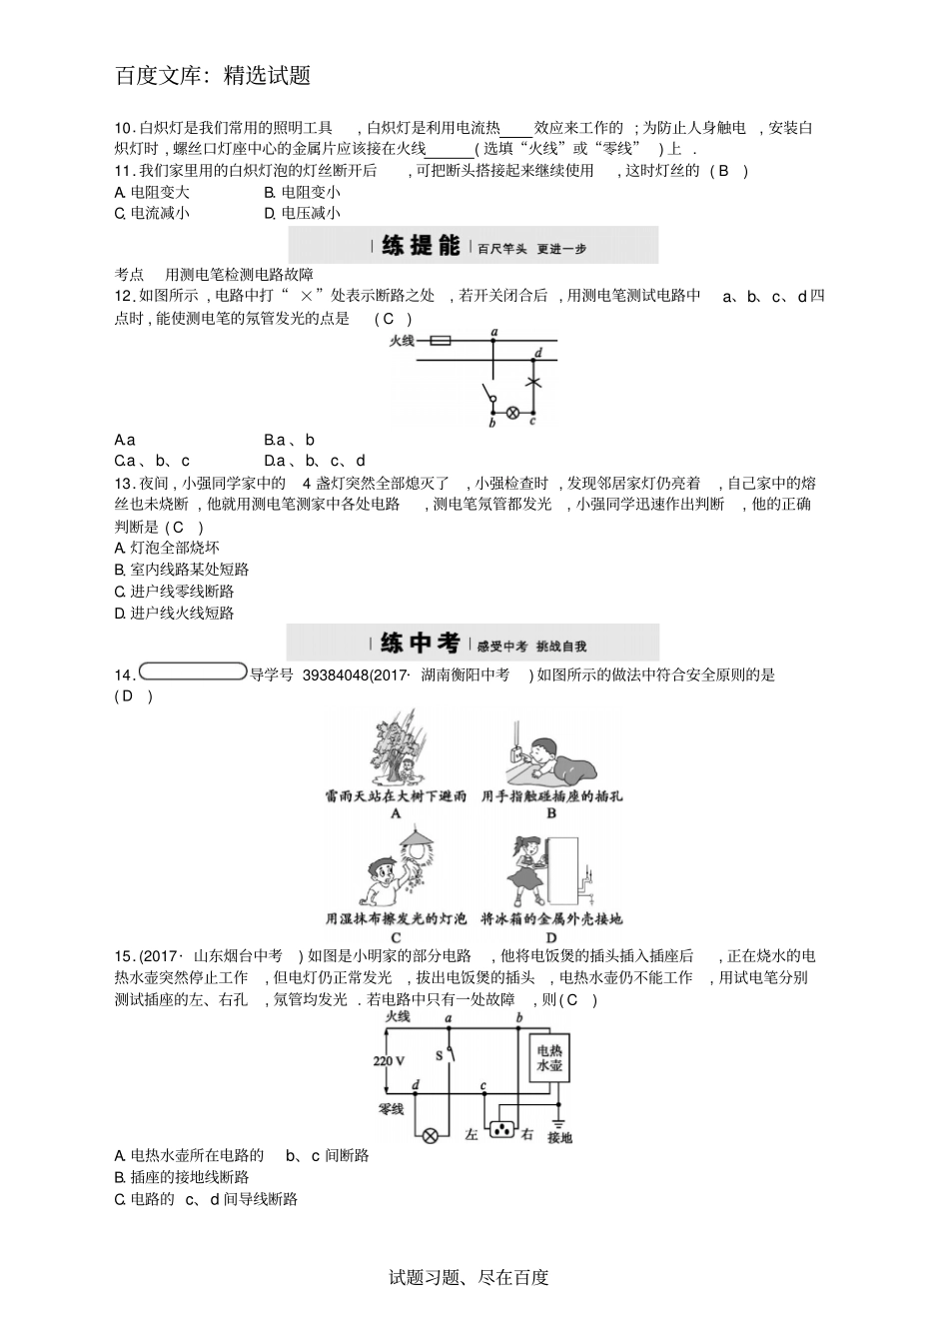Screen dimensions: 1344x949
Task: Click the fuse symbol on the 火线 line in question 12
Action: pyautogui.click(x=439, y=341)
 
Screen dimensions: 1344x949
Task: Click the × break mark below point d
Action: pyautogui.click(x=533, y=383)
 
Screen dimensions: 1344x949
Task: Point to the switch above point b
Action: pyautogui.click(x=489, y=398)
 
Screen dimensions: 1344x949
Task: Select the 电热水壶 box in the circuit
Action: pyautogui.click(x=549, y=1058)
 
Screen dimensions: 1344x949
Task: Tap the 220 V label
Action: pyautogui.click(x=390, y=1060)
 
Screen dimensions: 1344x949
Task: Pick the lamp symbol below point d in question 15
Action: pyautogui.click(x=432, y=1135)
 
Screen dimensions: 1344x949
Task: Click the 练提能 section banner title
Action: pyautogui.click(x=421, y=246)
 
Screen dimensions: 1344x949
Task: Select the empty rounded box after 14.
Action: pyautogui.click(x=193, y=672)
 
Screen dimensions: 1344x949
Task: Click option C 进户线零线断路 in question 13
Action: pyautogui.click(x=175, y=592)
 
